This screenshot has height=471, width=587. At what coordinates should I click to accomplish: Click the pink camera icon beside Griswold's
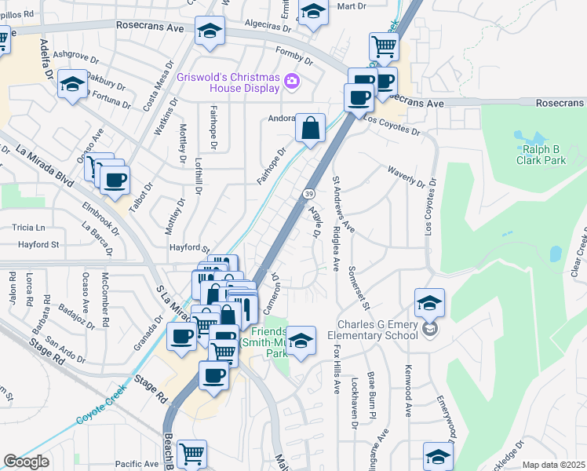point(292,81)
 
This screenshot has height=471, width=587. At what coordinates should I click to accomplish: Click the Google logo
point(26,462)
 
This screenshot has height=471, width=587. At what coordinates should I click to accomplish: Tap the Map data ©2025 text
point(553,465)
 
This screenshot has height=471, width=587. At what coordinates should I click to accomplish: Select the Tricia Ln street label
point(29,228)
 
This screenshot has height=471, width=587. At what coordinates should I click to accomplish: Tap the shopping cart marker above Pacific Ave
point(191,453)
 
